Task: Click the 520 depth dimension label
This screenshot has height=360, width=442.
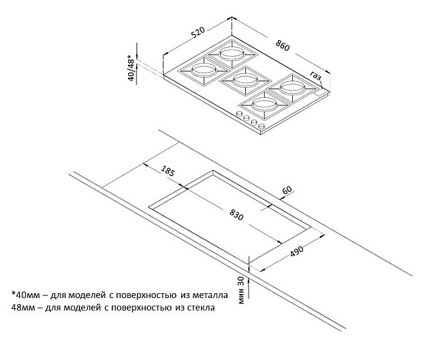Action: (199, 31)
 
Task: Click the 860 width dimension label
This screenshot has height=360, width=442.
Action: (283, 46)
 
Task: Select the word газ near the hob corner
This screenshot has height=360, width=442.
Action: (316, 76)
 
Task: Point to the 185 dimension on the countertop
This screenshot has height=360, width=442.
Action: (168, 170)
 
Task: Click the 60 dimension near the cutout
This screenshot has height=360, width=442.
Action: (287, 191)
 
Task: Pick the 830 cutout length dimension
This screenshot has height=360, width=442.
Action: (236, 215)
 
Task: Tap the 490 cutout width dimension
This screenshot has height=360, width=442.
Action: (297, 251)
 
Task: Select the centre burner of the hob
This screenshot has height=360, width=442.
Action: (244, 80)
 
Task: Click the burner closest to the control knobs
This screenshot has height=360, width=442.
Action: (264, 105)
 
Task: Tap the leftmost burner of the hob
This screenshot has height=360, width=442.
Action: (203, 70)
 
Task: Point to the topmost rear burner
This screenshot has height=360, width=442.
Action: (232, 53)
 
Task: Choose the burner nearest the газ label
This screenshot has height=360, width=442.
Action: (292, 88)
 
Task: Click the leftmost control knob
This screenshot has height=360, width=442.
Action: (239, 114)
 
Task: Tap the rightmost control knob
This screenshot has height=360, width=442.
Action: (262, 126)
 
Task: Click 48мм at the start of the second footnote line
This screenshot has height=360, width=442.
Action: (23, 308)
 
